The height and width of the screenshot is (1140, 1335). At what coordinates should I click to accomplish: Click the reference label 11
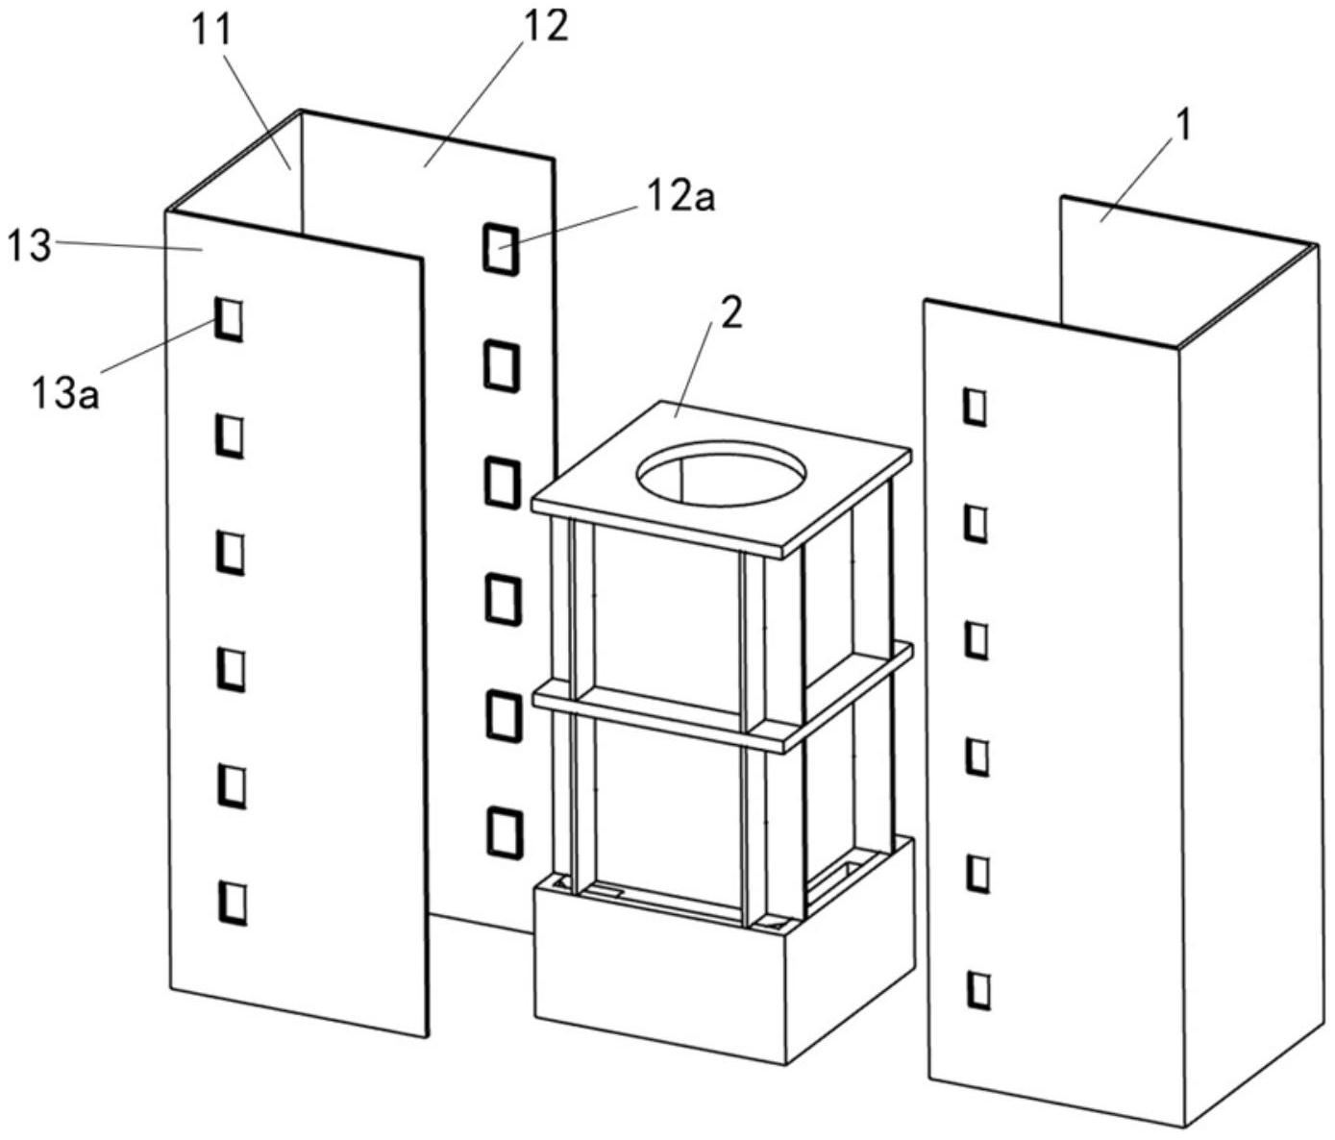tap(212, 32)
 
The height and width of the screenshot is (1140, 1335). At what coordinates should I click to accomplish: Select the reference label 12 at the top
tap(545, 26)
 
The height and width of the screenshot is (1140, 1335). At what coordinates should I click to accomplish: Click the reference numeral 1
tap(1184, 126)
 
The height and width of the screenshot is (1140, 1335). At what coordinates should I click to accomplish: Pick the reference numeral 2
tap(731, 314)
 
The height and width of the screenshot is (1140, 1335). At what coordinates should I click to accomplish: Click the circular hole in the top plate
tap(721, 471)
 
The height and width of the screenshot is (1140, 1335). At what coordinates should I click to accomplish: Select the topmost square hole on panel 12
tap(500, 248)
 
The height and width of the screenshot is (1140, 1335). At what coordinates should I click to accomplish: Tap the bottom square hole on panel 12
tap(504, 831)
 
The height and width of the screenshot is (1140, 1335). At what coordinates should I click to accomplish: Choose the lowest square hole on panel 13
tap(232, 903)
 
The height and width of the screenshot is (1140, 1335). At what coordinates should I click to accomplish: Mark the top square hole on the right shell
tap(976, 407)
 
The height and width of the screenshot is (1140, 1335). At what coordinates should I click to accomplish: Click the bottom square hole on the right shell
tap(978, 989)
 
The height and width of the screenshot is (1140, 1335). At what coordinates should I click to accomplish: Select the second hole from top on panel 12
tap(501, 365)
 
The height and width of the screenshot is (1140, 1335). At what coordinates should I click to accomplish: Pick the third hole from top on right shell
tap(977, 639)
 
